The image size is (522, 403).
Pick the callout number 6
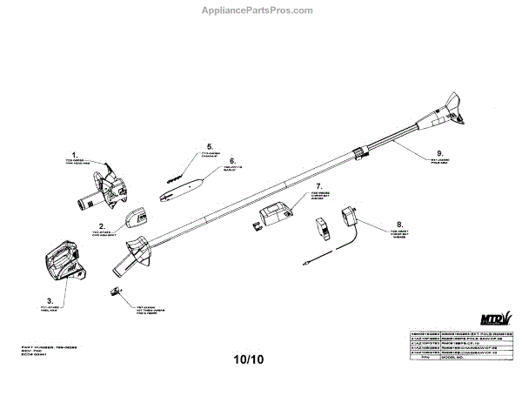point(232,161)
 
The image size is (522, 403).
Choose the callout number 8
point(399,224)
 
